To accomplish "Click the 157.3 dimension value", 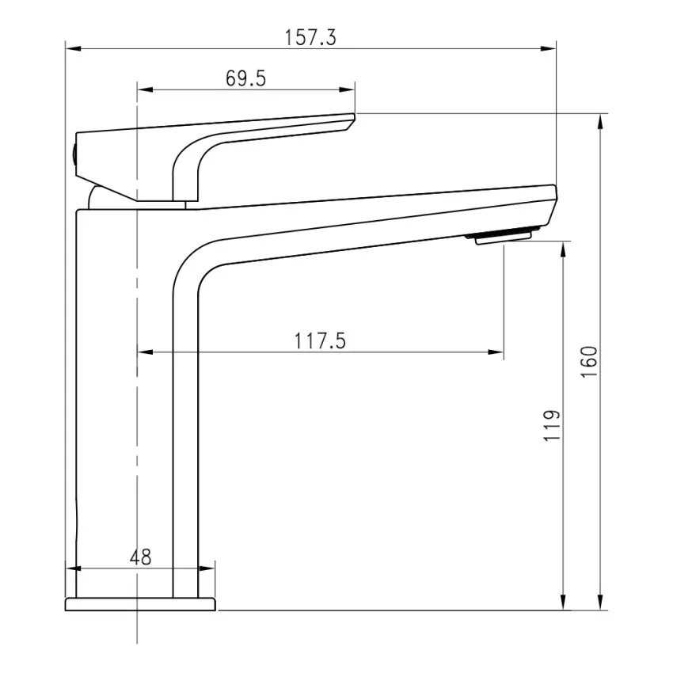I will click(x=310, y=38).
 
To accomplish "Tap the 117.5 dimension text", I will click(x=321, y=341).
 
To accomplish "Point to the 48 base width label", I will click(x=140, y=557).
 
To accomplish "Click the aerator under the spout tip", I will click(x=505, y=236).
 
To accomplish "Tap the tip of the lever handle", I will click(x=351, y=120).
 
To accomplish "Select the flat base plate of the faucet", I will click(x=140, y=604).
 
